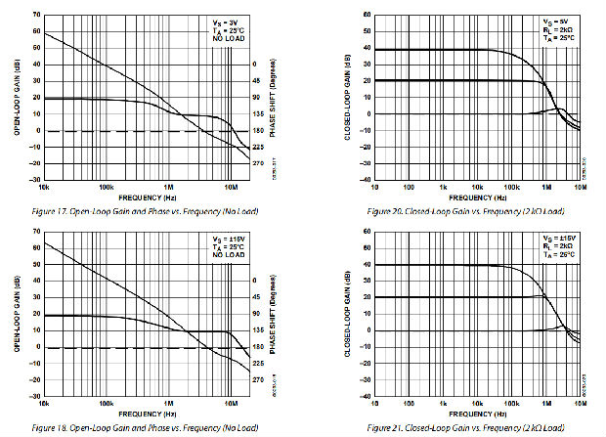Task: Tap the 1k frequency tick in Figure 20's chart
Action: click(443, 186)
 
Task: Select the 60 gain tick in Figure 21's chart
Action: click(366, 232)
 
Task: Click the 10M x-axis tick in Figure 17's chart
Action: click(231, 185)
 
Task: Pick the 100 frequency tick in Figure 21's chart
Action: click(410, 402)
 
